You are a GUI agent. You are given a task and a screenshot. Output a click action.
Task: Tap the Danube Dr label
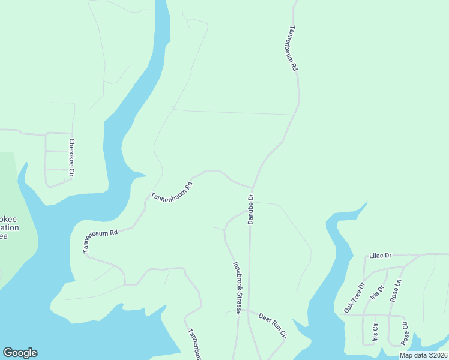251,209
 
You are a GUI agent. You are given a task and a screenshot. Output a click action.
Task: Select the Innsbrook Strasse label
237,287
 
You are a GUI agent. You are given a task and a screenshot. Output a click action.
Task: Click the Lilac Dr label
380,256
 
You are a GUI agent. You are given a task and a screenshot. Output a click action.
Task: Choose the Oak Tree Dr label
354,298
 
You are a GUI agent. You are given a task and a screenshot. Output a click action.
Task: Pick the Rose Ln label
396,290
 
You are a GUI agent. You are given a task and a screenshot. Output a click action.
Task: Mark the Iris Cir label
376,334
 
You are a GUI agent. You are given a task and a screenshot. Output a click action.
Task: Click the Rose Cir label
405,334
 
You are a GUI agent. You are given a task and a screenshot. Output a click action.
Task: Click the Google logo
20,353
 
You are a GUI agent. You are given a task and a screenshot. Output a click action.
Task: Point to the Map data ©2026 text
423,355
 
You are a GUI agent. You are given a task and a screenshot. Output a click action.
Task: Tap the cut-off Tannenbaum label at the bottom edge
194,344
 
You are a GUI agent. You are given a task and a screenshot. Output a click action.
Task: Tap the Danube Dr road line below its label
249,270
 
